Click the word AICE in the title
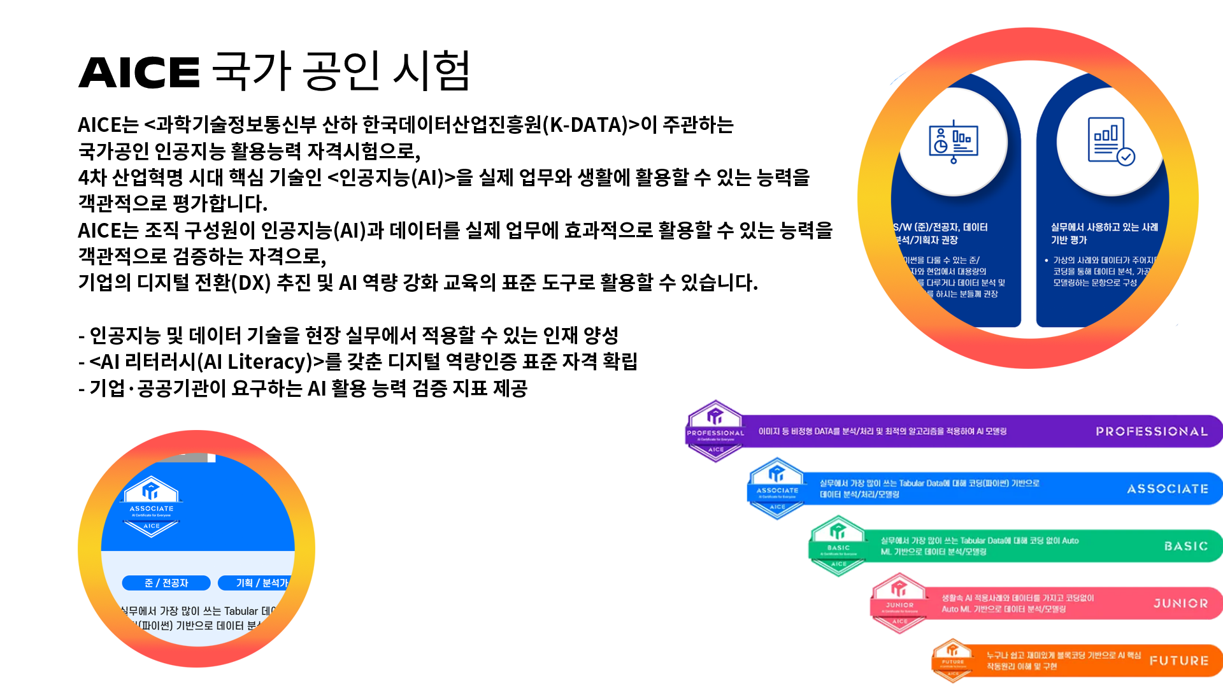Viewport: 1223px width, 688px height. pos(139,73)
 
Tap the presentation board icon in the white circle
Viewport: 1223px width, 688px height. pos(953,142)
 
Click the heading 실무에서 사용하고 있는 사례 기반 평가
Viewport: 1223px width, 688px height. pos(1104,233)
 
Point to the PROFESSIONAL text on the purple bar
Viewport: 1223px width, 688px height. pos(1152,431)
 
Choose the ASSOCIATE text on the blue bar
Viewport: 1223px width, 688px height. pos(1168,489)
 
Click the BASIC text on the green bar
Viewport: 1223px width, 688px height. pos(1186,546)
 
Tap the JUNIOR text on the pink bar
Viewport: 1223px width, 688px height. pos(1181,603)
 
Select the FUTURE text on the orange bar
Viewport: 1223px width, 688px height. pos(1179,661)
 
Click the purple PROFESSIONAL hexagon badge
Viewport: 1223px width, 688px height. pos(715,430)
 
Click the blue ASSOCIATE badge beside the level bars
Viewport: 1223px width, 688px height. pos(777,487)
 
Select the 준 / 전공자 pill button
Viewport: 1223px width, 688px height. pos(166,583)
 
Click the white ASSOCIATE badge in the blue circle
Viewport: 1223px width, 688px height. pos(151,506)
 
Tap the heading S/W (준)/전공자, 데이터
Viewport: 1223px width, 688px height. pos(941,227)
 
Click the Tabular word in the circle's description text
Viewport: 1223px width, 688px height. pos(241,611)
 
